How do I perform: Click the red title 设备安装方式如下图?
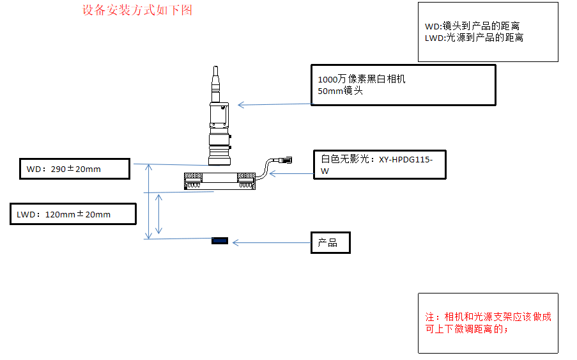(137, 10)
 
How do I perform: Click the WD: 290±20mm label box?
(74, 169)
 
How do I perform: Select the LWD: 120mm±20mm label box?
(73, 214)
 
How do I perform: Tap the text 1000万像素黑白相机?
(362, 80)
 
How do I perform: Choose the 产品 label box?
(330, 242)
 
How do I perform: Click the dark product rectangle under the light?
(220, 240)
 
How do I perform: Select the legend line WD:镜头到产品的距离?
(472, 26)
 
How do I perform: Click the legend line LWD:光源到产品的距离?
(474, 38)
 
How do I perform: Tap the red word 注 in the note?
(429, 317)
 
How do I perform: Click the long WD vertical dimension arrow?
(150, 201)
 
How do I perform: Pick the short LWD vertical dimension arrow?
(160, 214)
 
